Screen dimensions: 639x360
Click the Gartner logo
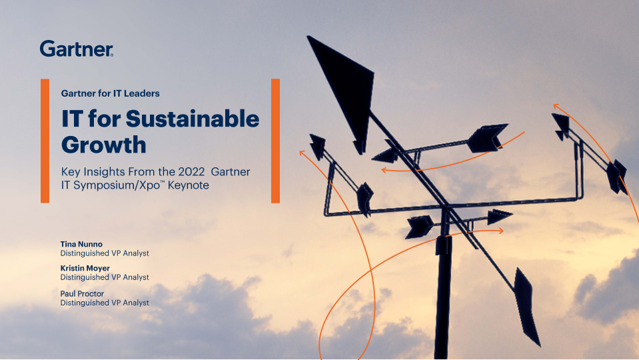77,49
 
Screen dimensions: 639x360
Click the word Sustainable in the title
193,119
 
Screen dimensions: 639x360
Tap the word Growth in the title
103,145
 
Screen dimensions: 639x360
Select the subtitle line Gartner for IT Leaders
111,93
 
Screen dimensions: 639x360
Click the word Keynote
189,185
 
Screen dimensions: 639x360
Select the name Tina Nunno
81,244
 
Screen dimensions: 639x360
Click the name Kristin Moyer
85,268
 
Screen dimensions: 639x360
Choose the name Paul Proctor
82,293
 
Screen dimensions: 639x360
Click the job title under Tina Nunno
105,253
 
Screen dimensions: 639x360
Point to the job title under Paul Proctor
105,303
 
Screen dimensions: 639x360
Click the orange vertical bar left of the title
45,141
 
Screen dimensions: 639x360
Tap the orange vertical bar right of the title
275,141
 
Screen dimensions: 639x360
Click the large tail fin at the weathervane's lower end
526,307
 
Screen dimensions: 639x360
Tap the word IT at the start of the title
72,119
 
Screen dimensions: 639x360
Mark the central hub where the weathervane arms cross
446,207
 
